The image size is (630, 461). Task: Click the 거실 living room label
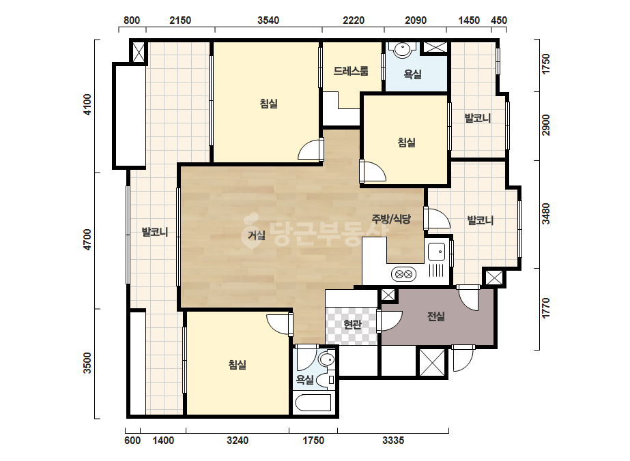click(x=257, y=235)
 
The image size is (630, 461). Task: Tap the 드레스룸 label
click(x=351, y=71)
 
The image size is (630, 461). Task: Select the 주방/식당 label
click(x=391, y=219)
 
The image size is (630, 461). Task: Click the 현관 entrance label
click(x=353, y=324)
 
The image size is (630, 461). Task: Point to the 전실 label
click(x=436, y=316)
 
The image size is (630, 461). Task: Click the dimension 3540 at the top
click(x=268, y=20)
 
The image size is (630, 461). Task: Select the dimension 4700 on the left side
click(x=87, y=240)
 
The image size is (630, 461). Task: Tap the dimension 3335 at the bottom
click(x=393, y=441)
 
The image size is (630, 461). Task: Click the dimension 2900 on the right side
click(x=545, y=125)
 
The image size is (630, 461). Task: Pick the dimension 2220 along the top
click(x=354, y=20)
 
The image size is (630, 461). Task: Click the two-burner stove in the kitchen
click(x=403, y=275)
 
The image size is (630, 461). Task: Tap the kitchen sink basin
click(x=436, y=252)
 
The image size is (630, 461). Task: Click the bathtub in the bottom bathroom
click(x=313, y=403)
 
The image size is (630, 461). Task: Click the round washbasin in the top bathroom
click(x=402, y=49)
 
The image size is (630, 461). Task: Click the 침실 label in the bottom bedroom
click(x=237, y=365)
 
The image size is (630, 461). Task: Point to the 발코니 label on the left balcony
click(x=155, y=232)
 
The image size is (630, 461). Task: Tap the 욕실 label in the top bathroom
click(x=412, y=74)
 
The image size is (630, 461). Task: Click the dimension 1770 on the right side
click(x=545, y=308)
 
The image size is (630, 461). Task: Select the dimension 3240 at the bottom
click(x=238, y=441)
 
